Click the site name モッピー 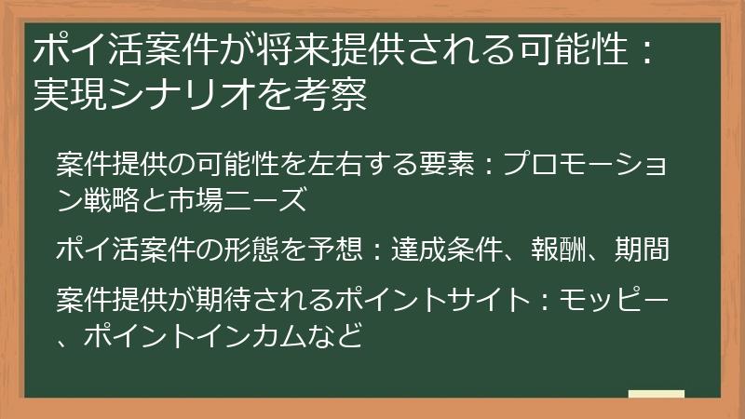pos(615,302)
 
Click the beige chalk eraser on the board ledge pos(656,394)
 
